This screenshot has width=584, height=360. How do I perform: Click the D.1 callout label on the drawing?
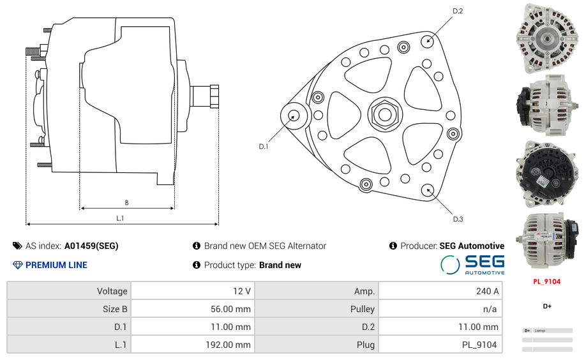click(x=264, y=147)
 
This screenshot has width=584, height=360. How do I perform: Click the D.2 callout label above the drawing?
click(x=458, y=11)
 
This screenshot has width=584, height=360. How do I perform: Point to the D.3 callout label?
click(x=458, y=219)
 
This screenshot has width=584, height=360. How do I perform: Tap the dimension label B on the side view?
click(x=126, y=203)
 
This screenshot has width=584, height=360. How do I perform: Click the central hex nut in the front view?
click(x=385, y=114)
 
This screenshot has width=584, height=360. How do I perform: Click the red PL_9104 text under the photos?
click(x=547, y=281)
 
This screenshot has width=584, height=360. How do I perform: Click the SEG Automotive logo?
click(x=472, y=264)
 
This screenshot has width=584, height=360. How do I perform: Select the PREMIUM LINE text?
click(x=56, y=265)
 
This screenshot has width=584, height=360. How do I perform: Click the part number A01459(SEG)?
click(x=91, y=246)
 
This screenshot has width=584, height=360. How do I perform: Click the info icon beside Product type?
click(x=197, y=265)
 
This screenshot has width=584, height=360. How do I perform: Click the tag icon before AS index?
click(x=17, y=246)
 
